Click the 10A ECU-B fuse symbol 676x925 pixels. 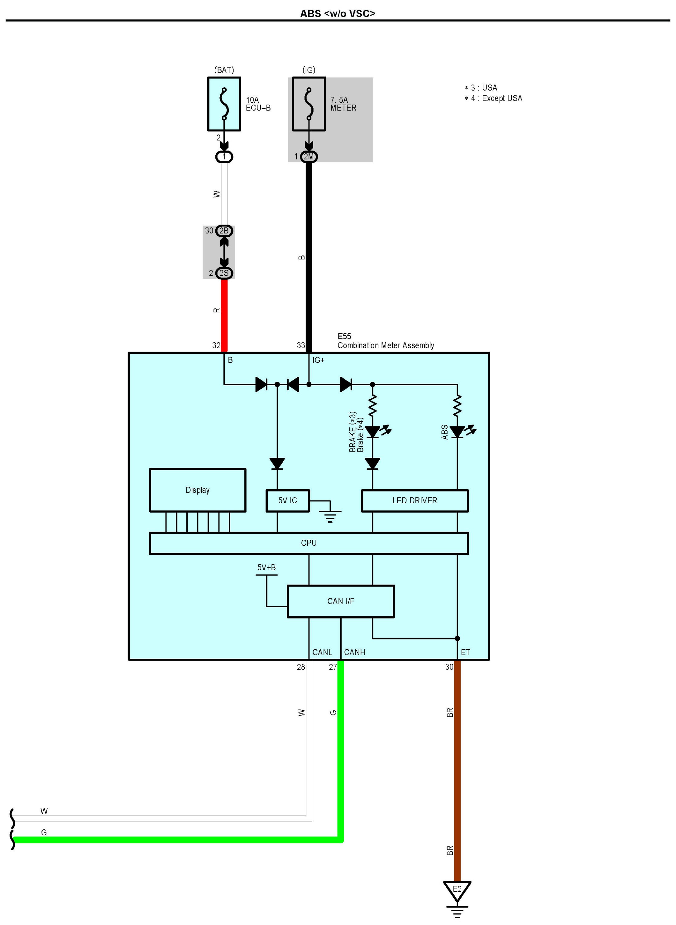(224, 104)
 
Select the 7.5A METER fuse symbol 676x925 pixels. (309, 104)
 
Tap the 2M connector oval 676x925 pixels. (309, 157)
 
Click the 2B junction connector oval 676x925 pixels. (224, 231)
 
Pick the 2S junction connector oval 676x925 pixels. (224, 273)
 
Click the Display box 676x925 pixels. (198, 490)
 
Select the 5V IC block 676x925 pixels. (288, 500)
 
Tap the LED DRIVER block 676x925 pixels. (415, 500)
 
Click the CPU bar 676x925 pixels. (309, 543)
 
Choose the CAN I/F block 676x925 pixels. (341, 601)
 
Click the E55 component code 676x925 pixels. (344, 336)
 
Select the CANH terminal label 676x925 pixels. (354, 652)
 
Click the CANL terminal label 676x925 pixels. (322, 652)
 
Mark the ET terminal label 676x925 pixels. (466, 652)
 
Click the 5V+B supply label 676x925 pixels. (266, 567)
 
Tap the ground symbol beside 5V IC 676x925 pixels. (330, 517)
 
